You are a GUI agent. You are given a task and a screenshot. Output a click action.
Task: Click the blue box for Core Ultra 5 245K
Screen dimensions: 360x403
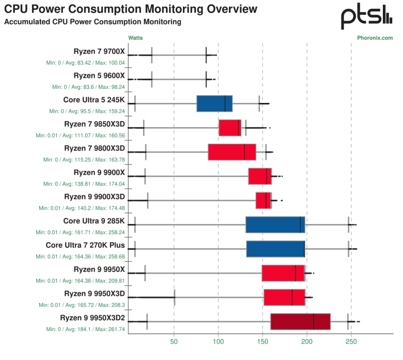click(214, 103)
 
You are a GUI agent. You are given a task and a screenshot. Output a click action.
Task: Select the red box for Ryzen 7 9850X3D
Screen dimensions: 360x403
click(230, 127)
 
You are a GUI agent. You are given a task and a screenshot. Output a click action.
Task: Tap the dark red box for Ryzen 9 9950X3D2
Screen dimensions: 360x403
click(300, 321)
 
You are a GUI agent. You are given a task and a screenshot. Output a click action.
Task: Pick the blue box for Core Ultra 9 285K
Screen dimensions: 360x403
click(275, 224)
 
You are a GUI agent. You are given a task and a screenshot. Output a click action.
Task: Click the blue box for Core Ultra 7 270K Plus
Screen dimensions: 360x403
click(275, 249)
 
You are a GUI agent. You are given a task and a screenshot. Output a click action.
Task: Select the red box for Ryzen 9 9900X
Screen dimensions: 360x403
click(260, 176)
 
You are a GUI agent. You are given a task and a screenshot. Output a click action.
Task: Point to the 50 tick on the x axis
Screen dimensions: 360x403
click(174, 342)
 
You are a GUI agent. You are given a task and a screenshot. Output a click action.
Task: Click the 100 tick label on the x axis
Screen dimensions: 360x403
click(218, 342)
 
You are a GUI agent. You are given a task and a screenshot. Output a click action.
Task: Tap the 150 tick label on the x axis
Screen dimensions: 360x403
click(262, 342)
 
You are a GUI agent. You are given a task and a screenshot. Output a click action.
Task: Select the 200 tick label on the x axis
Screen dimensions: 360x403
click(307, 342)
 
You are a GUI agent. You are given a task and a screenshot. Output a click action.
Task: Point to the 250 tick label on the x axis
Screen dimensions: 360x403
click(351, 342)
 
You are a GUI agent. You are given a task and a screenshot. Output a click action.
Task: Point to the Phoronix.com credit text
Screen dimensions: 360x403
click(375, 38)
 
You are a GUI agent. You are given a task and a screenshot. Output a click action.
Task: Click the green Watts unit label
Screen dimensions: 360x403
click(135, 38)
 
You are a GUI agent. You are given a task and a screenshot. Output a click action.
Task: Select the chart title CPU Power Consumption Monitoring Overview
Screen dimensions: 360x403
click(130, 9)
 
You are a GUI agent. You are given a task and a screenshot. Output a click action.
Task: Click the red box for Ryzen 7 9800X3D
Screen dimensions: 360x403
click(232, 152)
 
